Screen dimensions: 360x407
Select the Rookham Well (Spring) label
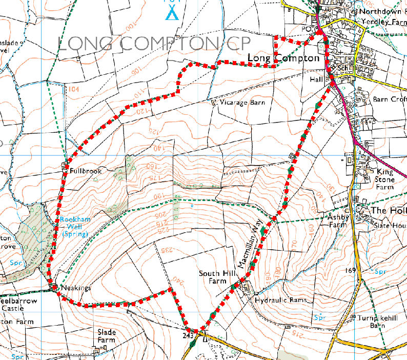click(74, 226)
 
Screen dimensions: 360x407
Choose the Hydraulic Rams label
click(280, 300)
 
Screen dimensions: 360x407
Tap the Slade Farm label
click(107, 336)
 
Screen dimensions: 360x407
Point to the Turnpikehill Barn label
click(378, 322)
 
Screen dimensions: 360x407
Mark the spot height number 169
click(351, 270)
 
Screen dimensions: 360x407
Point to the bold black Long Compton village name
click(283, 58)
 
